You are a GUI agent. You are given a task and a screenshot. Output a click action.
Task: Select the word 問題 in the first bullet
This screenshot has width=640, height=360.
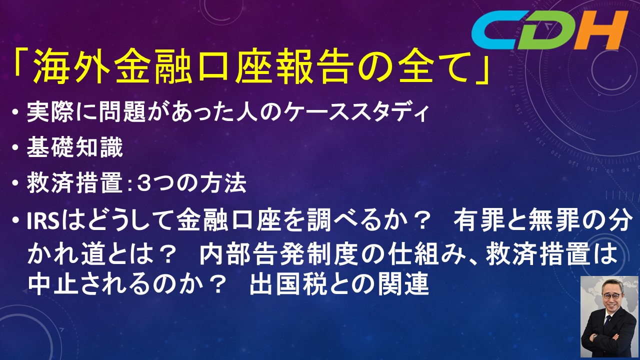pyautogui.click(x=118, y=112)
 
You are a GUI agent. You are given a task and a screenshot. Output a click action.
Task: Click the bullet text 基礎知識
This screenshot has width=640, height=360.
pyautogui.click(x=75, y=147)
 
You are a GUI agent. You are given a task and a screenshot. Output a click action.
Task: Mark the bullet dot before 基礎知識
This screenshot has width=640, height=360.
pyautogui.click(x=15, y=148)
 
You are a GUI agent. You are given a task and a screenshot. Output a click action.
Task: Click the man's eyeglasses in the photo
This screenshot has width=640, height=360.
pyautogui.click(x=612, y=295)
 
